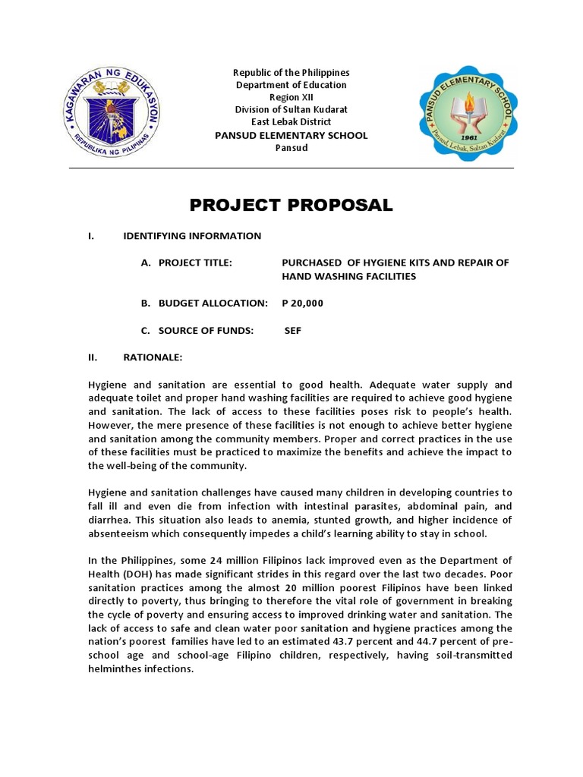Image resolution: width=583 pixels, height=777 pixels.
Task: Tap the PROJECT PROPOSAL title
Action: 291,205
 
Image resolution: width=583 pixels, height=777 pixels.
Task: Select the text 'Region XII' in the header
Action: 291,97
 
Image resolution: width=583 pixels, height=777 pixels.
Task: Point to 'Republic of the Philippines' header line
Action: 291,72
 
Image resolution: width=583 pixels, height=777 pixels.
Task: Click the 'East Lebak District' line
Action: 291,122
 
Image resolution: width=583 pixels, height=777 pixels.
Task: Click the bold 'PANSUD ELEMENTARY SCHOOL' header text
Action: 291,135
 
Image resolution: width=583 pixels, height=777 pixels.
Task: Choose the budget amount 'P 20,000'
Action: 302,304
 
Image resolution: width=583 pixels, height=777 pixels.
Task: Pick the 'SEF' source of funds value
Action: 293,331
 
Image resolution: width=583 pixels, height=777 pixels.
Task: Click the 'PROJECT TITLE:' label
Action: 195,263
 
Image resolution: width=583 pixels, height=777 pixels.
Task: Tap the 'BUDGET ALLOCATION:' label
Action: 213,304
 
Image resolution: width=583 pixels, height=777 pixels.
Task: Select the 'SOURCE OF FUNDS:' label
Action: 205,331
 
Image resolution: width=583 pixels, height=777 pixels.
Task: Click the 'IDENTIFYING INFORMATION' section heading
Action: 192,236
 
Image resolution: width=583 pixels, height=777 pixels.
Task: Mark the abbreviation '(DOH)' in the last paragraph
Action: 131,574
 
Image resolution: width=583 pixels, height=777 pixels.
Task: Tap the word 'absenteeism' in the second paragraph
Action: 120,533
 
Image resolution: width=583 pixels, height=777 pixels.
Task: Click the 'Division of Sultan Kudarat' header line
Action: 291,110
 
